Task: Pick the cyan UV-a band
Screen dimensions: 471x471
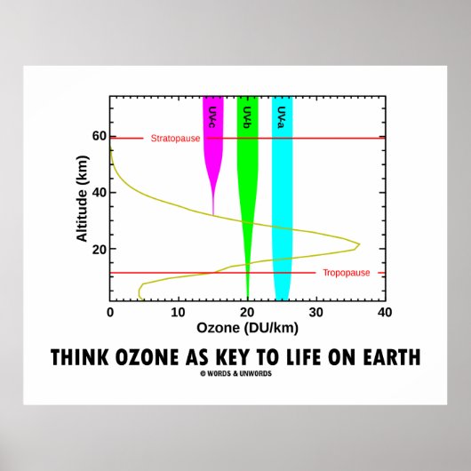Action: tap(282, 178)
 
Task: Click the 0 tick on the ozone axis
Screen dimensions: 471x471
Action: tap(110, 313)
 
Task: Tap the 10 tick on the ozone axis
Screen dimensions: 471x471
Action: tap(178, 313)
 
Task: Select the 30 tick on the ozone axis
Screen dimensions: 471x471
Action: tap(315, 313)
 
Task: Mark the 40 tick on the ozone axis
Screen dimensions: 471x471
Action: tap(384, 313)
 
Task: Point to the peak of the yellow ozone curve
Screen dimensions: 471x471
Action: tap(358, 243)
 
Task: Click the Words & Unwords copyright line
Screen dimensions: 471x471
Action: tap(235, 372)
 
